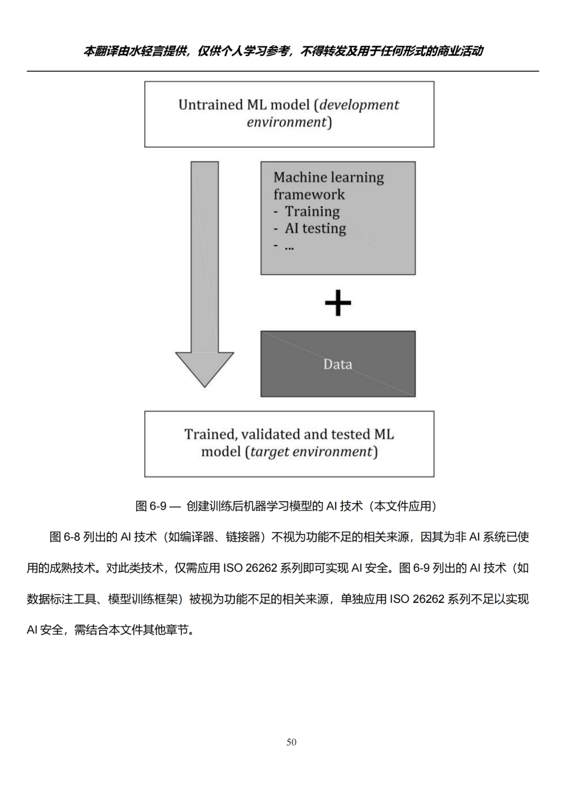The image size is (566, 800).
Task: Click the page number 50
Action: (291, 742)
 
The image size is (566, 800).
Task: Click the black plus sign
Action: (338, 303)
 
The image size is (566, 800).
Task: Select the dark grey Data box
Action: (338, 364)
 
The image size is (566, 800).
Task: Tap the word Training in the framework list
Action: (312, 212)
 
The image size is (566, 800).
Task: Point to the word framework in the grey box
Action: (309, 195)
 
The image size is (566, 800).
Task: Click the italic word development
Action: (360, 105)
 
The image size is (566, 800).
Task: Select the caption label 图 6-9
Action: (151, 506)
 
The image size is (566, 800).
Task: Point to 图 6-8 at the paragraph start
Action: (64, 537)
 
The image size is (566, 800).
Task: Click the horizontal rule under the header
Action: (283, 71)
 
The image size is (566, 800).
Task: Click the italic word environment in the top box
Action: (287, 122)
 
